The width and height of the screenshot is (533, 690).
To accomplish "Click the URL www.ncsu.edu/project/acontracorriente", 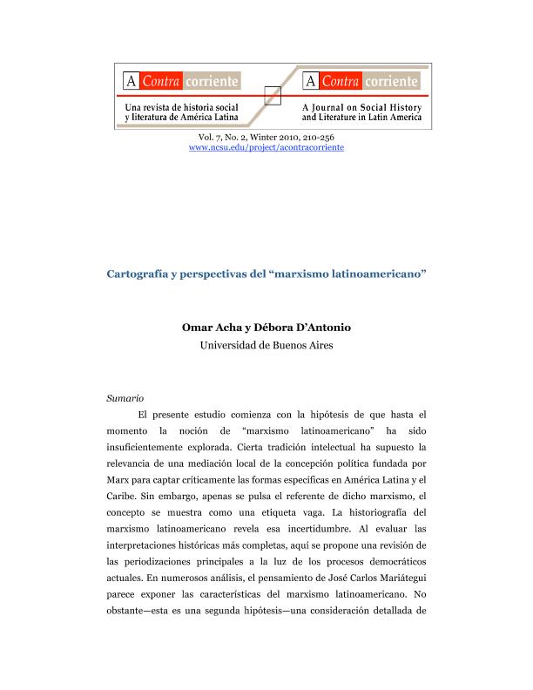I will pos(266,148).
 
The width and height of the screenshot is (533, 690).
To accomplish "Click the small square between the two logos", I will pos(270,95).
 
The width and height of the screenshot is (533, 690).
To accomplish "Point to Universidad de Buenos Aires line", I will pos(266,345).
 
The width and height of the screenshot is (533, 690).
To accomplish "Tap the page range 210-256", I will pos(317,138).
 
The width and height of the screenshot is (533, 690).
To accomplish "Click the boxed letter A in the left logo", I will pos(132,82).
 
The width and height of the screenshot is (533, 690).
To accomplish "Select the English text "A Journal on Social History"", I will pos(361,107).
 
